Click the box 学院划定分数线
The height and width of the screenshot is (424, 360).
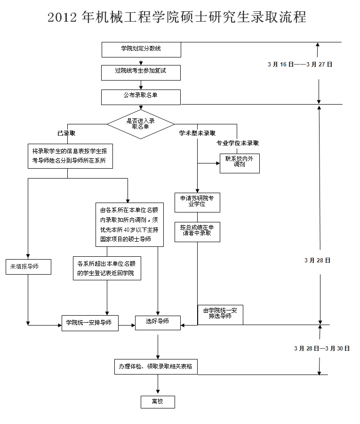[141, 49]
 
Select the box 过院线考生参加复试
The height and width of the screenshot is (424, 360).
[141, 72]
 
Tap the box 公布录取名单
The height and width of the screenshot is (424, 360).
[141, 97]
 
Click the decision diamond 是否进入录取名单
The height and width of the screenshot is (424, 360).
[141, 124]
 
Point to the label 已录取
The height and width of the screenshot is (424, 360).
[66, 133]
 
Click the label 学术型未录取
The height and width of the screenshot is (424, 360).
[197, 133]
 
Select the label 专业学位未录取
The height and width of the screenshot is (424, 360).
[237, 143]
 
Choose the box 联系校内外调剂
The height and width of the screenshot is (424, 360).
[240, 163]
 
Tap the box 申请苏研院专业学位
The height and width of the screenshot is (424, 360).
[197, 202]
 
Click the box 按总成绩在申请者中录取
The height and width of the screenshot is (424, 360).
[197, 231]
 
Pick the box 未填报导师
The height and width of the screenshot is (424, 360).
[28, 267]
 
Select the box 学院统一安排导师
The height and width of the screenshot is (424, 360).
[90, 323]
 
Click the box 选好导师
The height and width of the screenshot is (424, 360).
[158, 322]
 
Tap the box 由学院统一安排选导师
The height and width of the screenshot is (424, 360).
[220, 314]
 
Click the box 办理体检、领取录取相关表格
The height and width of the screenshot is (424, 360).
[156, 367]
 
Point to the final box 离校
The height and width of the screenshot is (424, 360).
[158, 401]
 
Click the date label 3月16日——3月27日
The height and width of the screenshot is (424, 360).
[300, 65]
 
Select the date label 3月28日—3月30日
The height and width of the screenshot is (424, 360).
[322, 349]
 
